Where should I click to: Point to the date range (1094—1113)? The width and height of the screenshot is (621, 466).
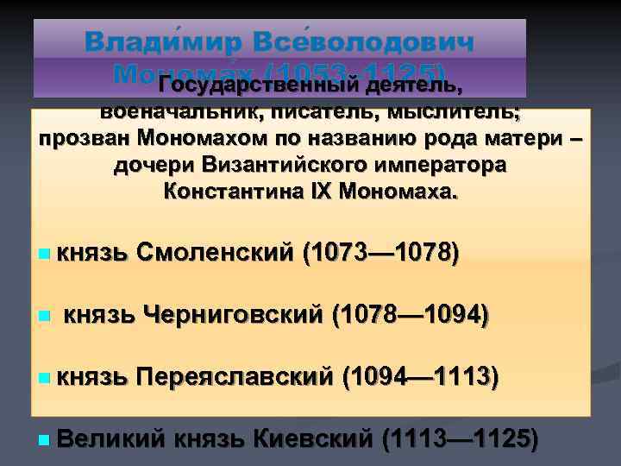419,377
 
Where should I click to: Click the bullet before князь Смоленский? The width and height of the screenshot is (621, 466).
44,255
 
